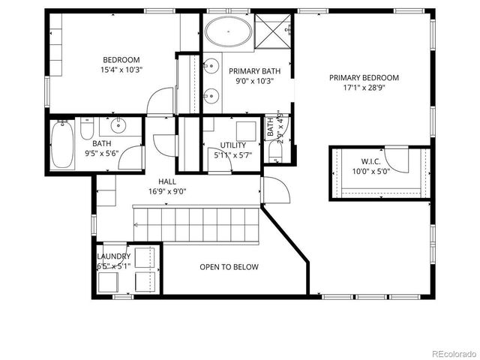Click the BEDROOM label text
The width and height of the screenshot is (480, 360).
[x=121, y=60]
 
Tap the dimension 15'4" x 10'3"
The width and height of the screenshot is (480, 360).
[x=121, y=70]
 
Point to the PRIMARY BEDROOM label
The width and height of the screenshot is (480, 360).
[x=364, y=77]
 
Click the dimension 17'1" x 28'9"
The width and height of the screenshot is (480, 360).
[x=364, y=87]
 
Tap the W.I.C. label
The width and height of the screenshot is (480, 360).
[x=371, y=160]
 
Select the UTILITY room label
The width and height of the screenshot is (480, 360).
[x=232, y=145]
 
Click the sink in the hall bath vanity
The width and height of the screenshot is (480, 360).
[x=118, y=125]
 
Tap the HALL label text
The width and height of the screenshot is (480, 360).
[x=167, y=181]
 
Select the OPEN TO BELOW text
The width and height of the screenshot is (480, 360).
[x=229, y=267]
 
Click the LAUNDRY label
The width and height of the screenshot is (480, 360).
[x=113, y=256]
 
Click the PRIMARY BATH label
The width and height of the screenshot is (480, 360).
[x=255, y=71]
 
